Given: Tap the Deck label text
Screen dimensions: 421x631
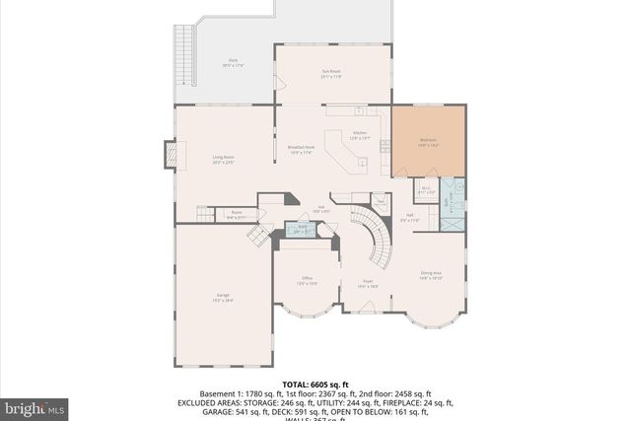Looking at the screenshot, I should [x=233, y=62].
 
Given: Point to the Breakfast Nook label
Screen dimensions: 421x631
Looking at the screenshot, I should [x=301, y=149].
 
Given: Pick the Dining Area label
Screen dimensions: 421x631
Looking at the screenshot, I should [x=431, y=276].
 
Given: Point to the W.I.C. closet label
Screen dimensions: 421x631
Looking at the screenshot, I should [x=426, y=189].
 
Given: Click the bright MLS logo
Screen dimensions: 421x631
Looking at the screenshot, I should [x=34, y=405].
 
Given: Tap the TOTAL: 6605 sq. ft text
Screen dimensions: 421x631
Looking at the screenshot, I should [x=315, y=384].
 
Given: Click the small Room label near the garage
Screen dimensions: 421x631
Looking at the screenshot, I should [x=237, y=213].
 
